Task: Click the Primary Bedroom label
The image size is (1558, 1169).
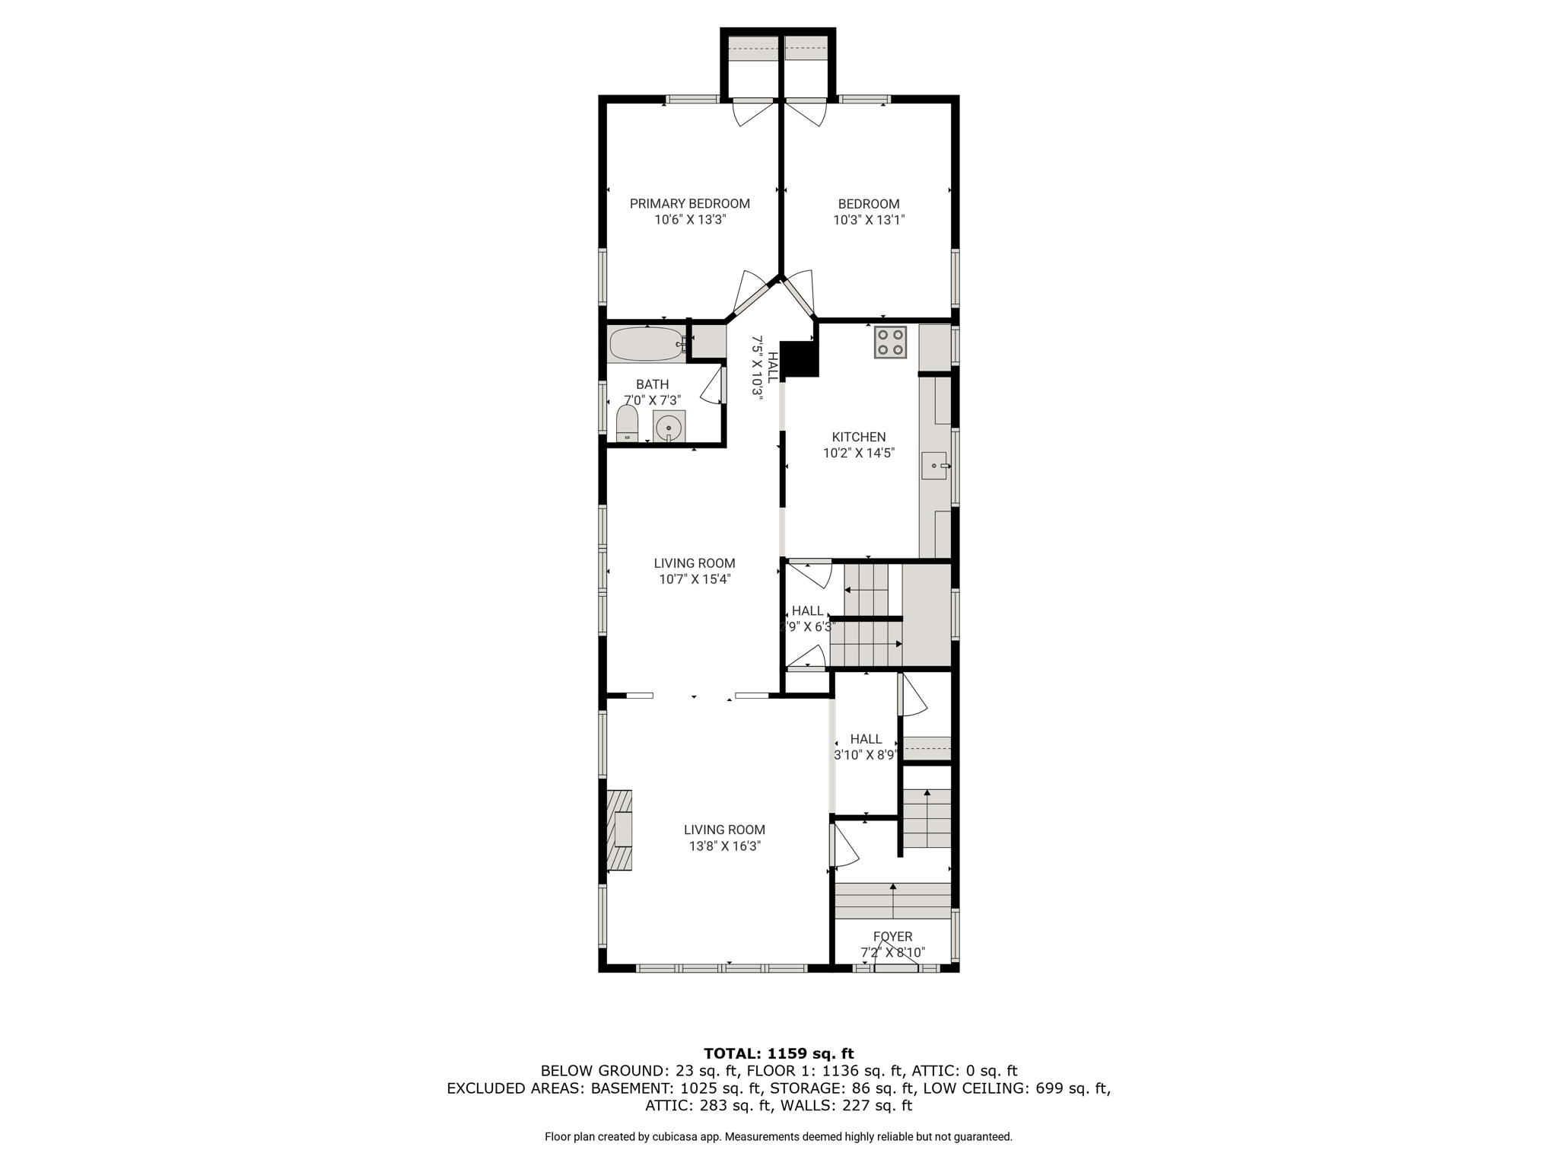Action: tap(689, 204)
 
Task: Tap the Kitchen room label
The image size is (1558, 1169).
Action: tap(858, 437)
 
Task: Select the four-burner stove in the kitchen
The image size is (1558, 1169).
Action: tap(890, 342)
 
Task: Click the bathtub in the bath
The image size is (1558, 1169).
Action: tap(647, 344)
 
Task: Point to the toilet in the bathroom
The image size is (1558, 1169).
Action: tap(626, 423)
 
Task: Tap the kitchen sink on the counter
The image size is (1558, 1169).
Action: tap(936, 466)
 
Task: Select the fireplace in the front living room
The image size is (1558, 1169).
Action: tap(620, 830)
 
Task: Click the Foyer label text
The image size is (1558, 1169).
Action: tap(892, 937)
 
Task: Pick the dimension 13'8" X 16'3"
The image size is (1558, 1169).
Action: tap(725, 846)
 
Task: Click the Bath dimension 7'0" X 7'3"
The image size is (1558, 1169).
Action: tap(652, 400)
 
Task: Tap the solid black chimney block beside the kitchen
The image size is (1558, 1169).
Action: tap(800, 359)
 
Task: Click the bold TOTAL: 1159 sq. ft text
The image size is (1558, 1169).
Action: tap(779, 1054)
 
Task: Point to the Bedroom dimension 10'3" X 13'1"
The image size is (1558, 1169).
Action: tap(869, 220)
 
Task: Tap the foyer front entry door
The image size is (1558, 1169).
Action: tap(896, 965)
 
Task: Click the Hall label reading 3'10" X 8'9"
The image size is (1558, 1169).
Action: tap(866, 755)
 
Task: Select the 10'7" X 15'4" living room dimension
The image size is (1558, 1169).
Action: tap(695, 579)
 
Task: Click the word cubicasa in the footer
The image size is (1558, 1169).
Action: tap(676, 1137)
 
